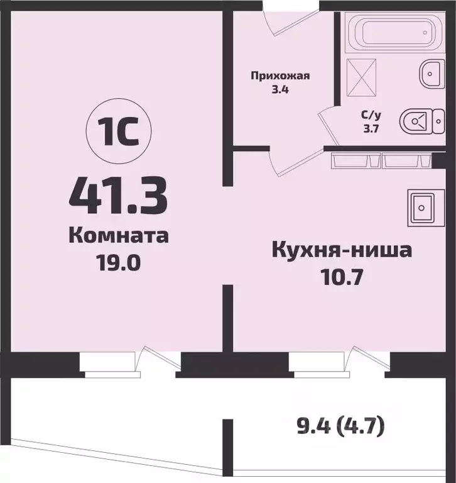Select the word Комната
(118, 236)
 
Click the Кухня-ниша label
(342, 251)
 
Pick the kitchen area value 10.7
(342, 276)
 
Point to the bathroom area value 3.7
(369, 128)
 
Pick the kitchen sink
(420, 206)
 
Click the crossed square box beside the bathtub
(359, 76)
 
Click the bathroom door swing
(330, 126)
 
